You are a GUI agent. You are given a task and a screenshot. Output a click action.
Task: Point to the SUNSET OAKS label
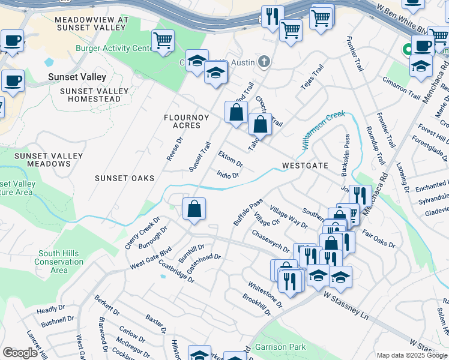[124, 178]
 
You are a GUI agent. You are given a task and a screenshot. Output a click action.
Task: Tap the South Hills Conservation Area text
[59, 262]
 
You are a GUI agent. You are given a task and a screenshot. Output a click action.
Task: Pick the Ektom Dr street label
[230, 160]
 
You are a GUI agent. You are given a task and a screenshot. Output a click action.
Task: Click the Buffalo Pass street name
[248, 212]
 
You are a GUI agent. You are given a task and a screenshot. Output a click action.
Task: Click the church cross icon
[264, 61]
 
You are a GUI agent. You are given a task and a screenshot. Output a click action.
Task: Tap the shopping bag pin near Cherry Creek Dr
[194, 209]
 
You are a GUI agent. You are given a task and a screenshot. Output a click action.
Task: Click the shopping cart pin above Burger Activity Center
[163, 41]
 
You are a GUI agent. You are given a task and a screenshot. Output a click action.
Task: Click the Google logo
[20, 353]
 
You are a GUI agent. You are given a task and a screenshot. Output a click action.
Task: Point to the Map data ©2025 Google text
[411, 355]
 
